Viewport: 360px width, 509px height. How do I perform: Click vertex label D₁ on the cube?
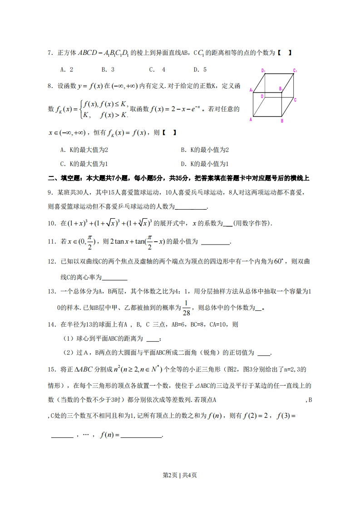tap(263, 70)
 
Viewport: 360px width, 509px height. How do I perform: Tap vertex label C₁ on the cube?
tap(295, 71)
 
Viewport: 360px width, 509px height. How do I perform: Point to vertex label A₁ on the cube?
tap(251, 90)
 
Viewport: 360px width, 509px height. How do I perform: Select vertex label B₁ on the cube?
tap(281, 89)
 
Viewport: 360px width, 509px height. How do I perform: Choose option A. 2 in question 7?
tap(67, 69)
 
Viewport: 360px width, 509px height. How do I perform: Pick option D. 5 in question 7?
tap(200, 69)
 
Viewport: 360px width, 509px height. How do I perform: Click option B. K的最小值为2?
tap(205, 150)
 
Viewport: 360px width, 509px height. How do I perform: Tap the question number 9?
tap(50, 192)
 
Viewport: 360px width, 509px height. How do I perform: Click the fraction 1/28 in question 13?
tap(186, 308)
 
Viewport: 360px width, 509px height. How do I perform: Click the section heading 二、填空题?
tap(64, 178)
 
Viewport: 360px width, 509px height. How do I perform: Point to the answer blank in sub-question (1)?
tap(153, 338)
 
